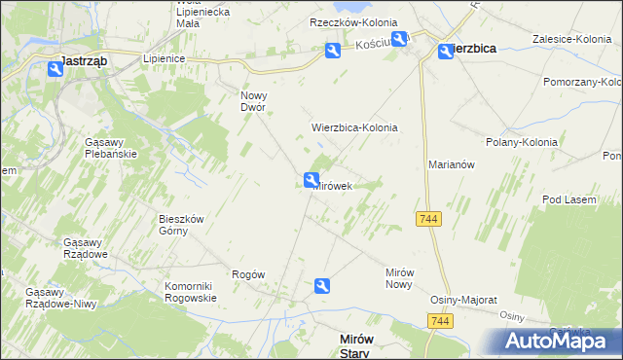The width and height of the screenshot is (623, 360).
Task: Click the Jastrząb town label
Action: tap(84, 60)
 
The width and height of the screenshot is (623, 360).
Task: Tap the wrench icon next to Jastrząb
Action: tap(55, 68)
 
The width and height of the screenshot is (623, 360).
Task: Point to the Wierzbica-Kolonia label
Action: tap(354, 127)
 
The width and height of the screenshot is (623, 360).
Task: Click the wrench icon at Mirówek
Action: tap(311, 180)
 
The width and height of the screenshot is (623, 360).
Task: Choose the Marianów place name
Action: tap(451, 165)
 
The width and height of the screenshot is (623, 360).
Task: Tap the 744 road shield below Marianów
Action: tap(428, 220)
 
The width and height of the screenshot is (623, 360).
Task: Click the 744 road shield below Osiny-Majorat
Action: tap(441, 321)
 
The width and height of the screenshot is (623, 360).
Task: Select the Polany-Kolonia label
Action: tap(521, 142)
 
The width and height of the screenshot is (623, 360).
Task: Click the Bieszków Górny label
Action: tap(181, 225)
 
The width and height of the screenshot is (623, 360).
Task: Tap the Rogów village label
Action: tap(248, 274)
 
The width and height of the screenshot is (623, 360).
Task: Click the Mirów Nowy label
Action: tap(400, 278)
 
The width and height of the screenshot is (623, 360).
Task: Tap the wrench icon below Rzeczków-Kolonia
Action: tap(332, 52)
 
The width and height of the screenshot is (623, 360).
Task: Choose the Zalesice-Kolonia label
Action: tap(570, 39)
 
